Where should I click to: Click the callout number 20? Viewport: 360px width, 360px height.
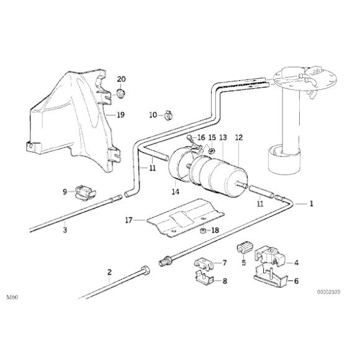(x=121, y=79)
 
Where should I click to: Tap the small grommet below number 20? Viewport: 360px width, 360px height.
(x=120, y=94)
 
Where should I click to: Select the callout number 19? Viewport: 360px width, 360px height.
(x=120, y=115)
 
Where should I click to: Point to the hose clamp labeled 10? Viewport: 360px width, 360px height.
(x=167, y=114)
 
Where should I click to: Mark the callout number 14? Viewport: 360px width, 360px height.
(x=176, y=192)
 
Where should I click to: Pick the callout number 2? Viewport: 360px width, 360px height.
(x=109, y=271)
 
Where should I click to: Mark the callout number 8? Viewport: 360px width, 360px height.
(x=225, y=281)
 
